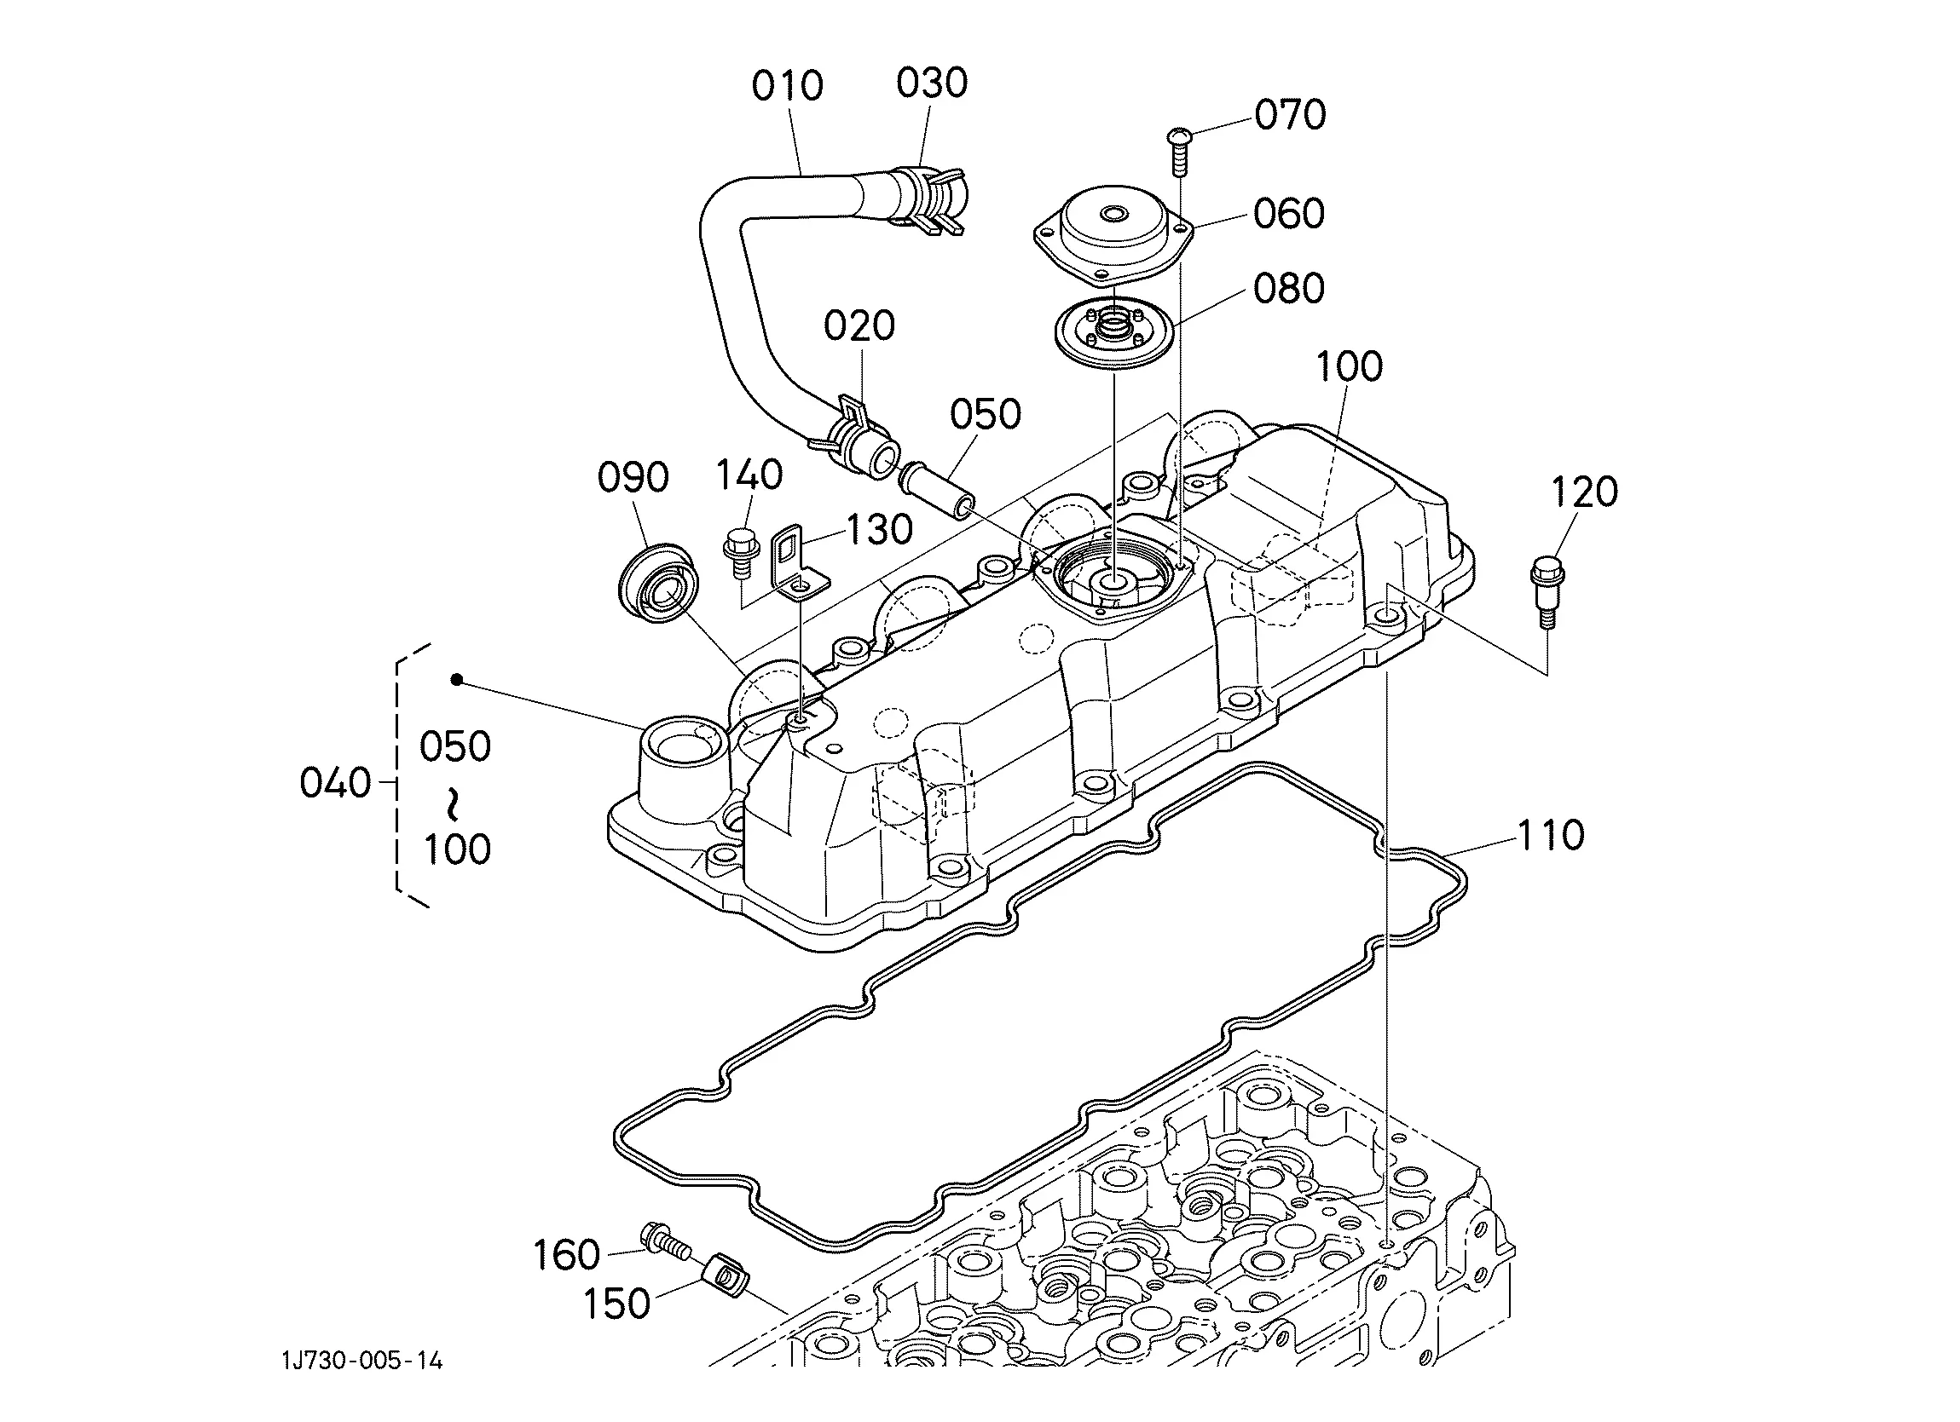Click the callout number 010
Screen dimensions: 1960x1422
pyautogui.click(x=786, y=85)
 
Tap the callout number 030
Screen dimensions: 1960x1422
pyautogui.click(x=932, y=83)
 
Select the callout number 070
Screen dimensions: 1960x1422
pyautogui.click(x=1290, y=115)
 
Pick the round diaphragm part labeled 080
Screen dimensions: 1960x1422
pyautogui.click(x=1114, y=333)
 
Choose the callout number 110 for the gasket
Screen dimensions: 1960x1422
pyautogui.click(x=1551, y=836)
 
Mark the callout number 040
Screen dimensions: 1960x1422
pyautogui.click(x=335, y=784)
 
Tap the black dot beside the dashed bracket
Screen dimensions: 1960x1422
pyautogui.click(x=457, y=681)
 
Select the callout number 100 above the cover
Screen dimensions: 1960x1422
pyautogui.click(x=1349, y=367)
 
